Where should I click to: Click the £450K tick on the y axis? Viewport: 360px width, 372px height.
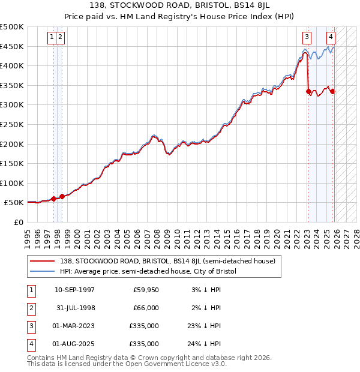click(x=12, y=46)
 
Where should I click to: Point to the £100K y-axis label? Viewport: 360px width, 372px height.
click(x=12, y=183)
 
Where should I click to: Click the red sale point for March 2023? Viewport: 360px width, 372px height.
click(x=308, y=92)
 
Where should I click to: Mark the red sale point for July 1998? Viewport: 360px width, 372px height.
click(x=62, y=196)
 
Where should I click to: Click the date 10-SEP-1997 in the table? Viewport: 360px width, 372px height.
click(x=74, y=290)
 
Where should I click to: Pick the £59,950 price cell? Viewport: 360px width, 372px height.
click(x=146, y=290)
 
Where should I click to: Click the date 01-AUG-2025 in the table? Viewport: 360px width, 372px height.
click(x=74, y=344)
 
